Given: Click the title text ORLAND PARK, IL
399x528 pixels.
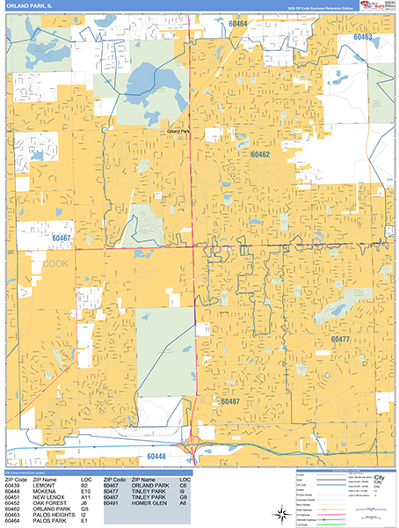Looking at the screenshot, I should (25, 6).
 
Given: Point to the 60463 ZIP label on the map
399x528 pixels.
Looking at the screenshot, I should (363, 38).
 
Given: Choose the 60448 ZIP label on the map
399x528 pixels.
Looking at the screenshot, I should (156, 457).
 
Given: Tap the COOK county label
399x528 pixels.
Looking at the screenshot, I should (54, 262).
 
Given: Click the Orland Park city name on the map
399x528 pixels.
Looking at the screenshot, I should (179, 131).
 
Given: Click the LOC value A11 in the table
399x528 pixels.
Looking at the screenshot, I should (85, 496).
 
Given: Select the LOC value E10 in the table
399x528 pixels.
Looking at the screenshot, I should (85, 490).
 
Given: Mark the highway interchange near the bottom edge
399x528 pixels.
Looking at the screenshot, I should (192, 450).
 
